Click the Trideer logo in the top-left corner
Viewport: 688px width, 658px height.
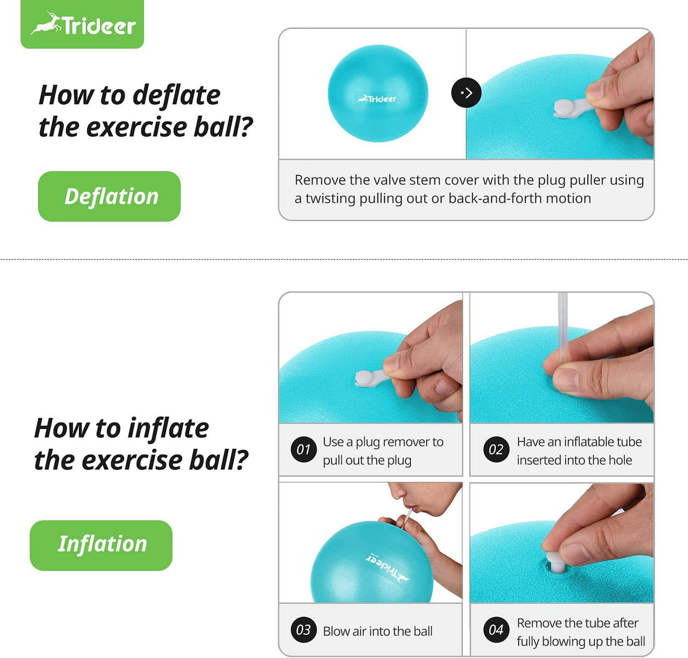(x=83, y=24)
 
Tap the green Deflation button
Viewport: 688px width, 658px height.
(x=109, y=196)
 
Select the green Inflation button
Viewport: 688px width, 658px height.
(x=101, y=545)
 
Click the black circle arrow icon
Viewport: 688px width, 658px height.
(x=466, y=93)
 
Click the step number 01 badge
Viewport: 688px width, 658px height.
(x=303, y=449)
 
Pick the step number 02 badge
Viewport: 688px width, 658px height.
(x=496, y=449)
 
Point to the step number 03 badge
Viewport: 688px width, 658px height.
(x=303, y=630)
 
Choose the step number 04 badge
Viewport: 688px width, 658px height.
(x=496, y=630)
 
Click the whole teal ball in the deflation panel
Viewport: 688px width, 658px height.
(x=377, y=94)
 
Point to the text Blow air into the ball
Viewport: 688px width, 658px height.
(x=377, y=631)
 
